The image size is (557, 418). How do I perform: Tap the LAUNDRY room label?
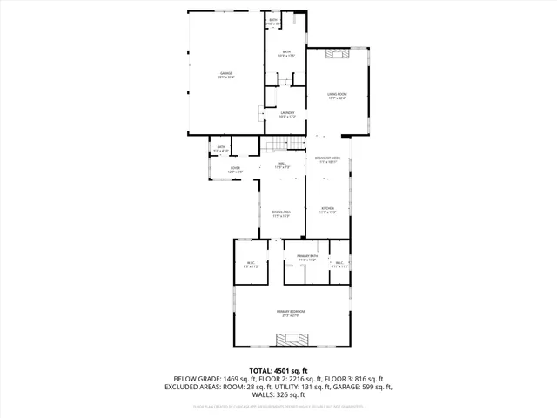point(287,114)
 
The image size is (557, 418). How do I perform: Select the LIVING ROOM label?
point(337,96)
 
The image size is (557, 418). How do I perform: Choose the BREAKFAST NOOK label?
point(328,159)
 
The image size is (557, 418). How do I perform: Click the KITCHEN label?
point(328,210)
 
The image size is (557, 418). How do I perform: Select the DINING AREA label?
point(281,213)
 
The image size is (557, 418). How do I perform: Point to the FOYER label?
point(234,170)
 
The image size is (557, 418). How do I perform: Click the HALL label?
point(283,164)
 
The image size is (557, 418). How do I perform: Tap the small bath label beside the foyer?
point(221,149)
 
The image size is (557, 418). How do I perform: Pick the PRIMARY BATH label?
point(312,258)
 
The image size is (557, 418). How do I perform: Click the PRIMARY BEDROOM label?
point(290,313)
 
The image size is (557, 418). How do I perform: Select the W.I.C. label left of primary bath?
point(251,266)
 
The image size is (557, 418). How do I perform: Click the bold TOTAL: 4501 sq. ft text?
point(278,370)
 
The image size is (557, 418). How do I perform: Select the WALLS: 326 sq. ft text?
point(278,394)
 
